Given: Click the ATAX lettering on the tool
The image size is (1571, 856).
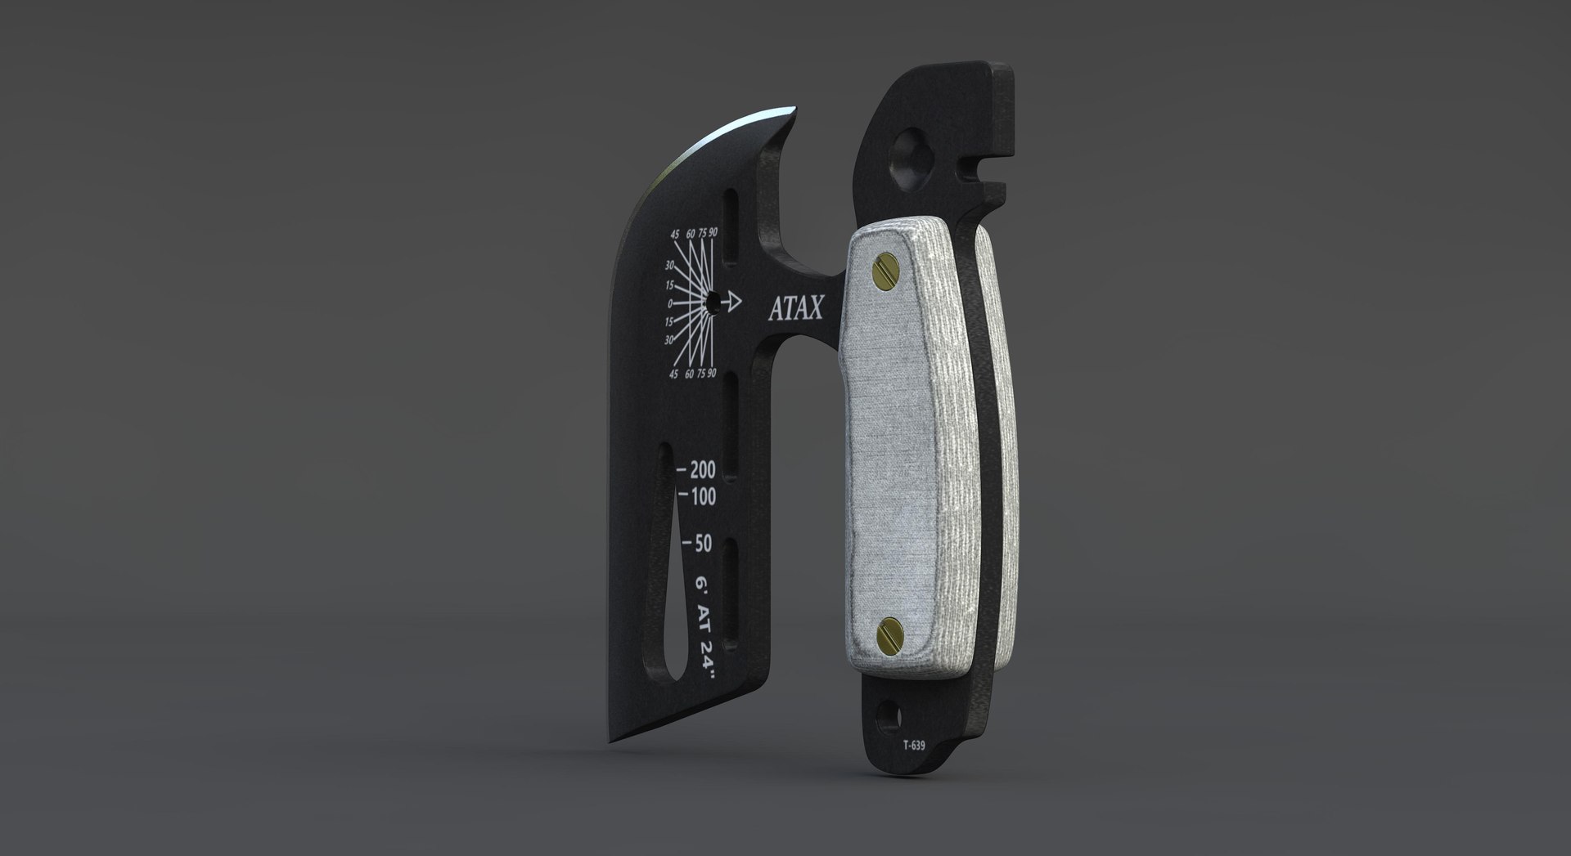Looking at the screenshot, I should (796, 307).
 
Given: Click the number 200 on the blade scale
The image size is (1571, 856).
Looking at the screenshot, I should (702, 470).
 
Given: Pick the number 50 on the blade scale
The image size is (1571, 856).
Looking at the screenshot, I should (702, 544).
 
